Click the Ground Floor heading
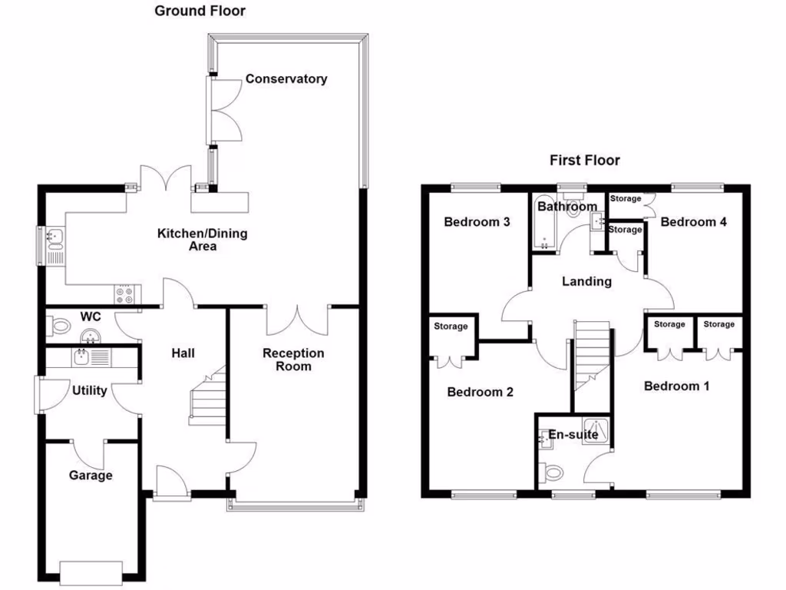pos(200,11)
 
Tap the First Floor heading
pos(584,161)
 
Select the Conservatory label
pos(286,78)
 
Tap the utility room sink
pos(81,356)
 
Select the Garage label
pos(91,476)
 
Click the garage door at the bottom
pos(91,571)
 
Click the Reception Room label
pos(293,360)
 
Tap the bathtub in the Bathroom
pos(543,227)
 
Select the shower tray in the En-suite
pos(598,433)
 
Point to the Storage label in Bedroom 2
pos(451,326)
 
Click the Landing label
pos(586,281)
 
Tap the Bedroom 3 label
pos(477,222)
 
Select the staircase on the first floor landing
pos(591,353)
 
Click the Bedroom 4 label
pos(693,222)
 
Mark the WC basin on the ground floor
pos(91,336)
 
